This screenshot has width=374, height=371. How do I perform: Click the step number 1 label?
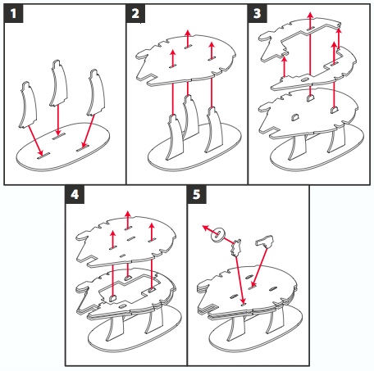tap(13, 13)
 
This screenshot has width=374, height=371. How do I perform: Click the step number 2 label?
tap(135, 13)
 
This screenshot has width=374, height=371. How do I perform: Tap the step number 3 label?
tap(258, 13)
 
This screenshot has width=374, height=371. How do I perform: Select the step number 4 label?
tap(75, 194)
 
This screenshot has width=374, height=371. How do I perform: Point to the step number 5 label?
tap(197, 194)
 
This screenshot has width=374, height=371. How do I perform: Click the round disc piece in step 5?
tap(218, 234)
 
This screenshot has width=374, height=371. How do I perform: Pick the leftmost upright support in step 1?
tap(28, 105)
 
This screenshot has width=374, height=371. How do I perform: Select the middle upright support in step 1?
tap(58, 84)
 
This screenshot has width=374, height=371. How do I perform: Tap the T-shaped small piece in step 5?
tap(265, 242)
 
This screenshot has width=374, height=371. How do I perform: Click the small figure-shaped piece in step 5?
tap(236, 248)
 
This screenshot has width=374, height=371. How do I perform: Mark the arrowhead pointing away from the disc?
tap(206, 228)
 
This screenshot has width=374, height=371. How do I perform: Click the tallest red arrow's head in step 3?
tap(310, 16)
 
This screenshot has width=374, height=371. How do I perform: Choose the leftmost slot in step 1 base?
tap(43, 156)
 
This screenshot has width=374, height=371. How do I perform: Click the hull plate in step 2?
tap(186, 61)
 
